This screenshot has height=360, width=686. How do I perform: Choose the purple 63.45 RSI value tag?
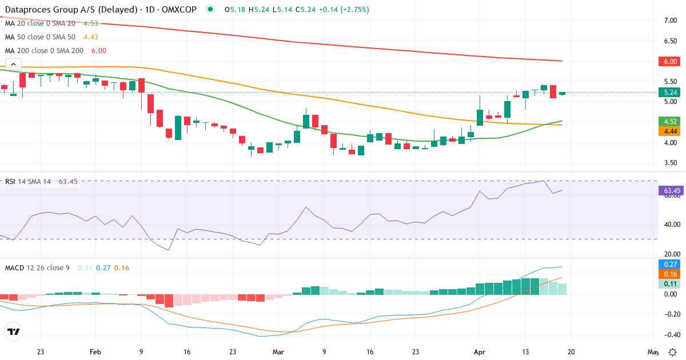click(668, 190)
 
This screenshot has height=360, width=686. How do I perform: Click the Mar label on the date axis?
click(278, 352)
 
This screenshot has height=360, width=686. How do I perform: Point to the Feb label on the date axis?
click(95, 352)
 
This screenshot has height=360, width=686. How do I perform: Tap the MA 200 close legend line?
click(55, 50)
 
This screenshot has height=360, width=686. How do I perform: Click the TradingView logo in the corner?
click(14, 331)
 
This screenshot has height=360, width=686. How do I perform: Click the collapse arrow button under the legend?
click(13, 64)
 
